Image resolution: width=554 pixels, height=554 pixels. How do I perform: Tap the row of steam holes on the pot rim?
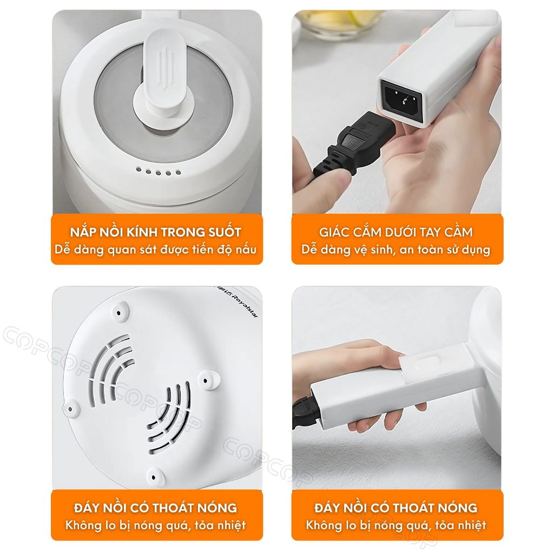pos(159,172)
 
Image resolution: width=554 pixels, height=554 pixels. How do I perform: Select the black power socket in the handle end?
pos(402,97)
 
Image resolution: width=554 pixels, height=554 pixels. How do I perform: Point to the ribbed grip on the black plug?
pos(349,142)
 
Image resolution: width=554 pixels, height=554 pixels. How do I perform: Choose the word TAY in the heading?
pos(430,232)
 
